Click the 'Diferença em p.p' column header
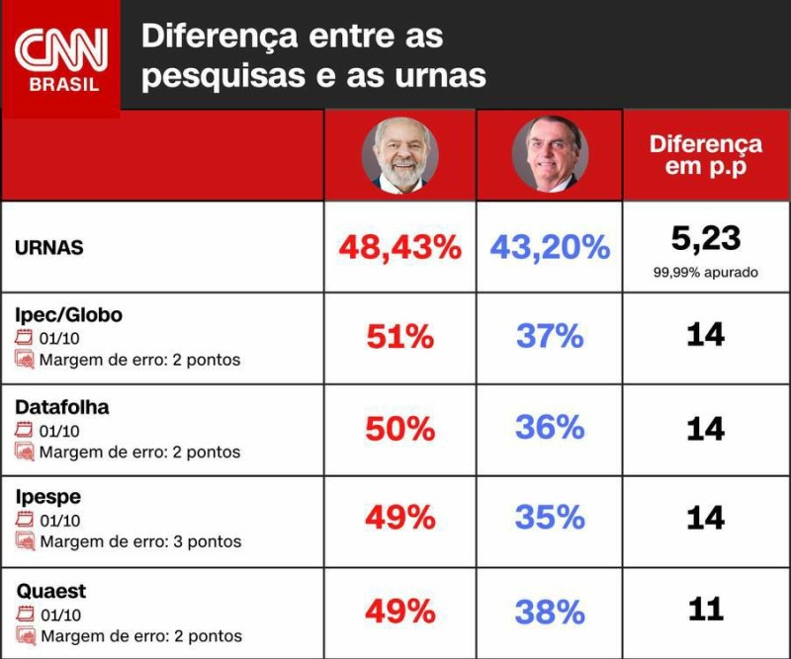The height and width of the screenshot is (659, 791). click(705, 154)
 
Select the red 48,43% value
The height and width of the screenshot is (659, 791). click(399, 247)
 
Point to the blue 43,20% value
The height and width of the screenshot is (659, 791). click(549, 247)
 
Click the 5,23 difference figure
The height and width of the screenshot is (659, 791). click(705, 237)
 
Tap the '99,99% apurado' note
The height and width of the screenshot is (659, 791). click(705, 272)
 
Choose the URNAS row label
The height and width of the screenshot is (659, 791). click(48, 248)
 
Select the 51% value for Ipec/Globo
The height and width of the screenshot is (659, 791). click(399, 337)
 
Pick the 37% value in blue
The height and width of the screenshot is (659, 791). click(549, 337)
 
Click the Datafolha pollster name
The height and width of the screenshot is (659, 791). click(62, 407)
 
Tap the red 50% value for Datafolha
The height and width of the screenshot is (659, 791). click(399, 429)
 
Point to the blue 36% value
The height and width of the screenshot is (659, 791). click(549, 427)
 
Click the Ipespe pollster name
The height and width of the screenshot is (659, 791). click(48, 497)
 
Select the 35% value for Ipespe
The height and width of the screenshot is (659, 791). click(549, 517)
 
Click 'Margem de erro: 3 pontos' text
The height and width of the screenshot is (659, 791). click(139, 541)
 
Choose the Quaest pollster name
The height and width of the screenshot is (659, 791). click(50, 591)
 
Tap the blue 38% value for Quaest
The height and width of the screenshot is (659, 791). click(549, 612)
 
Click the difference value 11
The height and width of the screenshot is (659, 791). click(705, 609)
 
